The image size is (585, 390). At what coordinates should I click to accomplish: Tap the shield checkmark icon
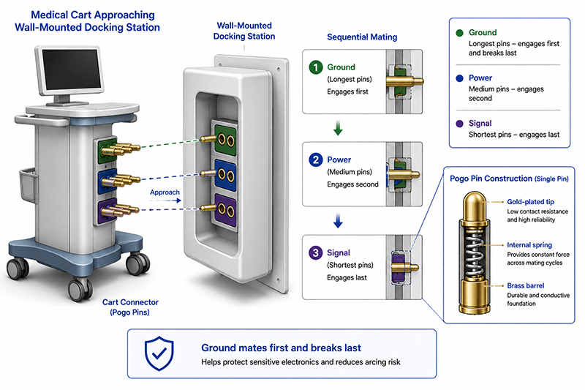click(x=159, y=353)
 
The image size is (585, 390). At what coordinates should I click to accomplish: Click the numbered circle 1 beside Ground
click(x=316, y=67)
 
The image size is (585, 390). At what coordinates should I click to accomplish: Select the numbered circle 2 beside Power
click(x=316, y=160)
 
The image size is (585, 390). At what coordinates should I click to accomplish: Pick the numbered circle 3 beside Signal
click(x=316, y=252)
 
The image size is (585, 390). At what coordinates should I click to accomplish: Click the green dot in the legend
click(x=460, y=33)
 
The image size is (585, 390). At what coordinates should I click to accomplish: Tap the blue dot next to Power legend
click(x=460, y=78)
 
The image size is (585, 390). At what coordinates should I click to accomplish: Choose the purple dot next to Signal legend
click(x=460, y=124)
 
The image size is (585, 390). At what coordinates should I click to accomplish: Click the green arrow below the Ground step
click(x=338, y=127)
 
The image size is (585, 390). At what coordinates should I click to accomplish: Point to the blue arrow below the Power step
click(x=338, y=220)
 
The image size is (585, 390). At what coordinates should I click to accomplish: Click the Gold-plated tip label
click(x=530, y=202)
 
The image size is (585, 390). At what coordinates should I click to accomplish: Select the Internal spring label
click(x=529, y=245)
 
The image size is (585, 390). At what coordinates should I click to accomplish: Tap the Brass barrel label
click(x=525, y=285)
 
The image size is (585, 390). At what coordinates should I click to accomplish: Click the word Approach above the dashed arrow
click(x=165, y=192)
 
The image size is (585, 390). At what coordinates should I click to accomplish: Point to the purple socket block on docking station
click(x=224, y=210)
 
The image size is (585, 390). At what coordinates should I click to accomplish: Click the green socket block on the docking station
click(x=225, y=139)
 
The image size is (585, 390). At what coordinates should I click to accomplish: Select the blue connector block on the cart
click(x=107, y=181)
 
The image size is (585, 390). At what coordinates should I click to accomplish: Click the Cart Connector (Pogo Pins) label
click(x=130, y=307)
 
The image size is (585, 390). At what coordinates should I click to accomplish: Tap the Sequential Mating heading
click(x=362, y=37)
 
